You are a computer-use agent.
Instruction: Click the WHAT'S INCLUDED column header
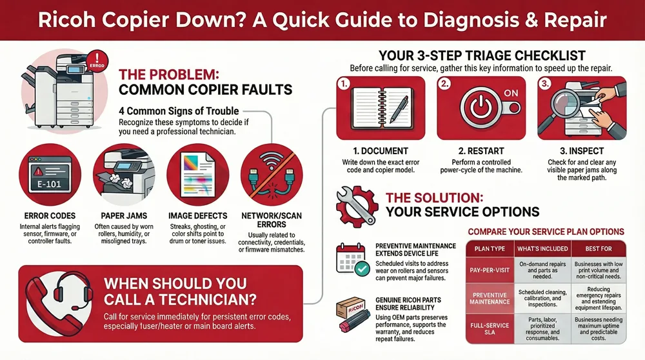pos(542,248)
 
